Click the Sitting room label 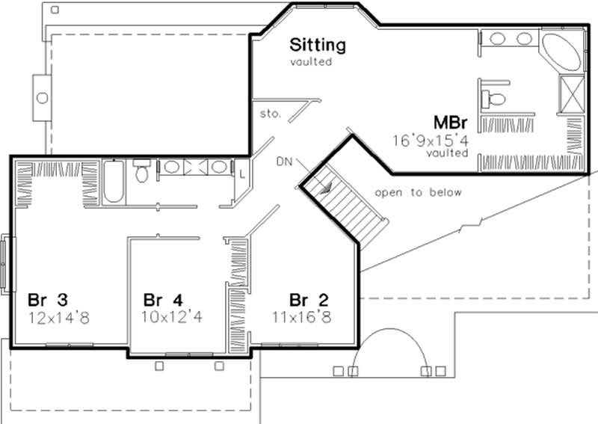[x=318, y=45]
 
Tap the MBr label [x=452, y=121]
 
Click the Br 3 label [x=49, y=300]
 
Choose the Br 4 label [x=164, y=300]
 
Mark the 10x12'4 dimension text [x=173, y=317]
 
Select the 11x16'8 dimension [x=302, y=317]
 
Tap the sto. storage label [x=270, y=114]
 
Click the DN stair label [x=284, y=161]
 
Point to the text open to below [x=419, y=192]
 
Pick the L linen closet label [x=242, y=173]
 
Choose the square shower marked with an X [x=573, y=94]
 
